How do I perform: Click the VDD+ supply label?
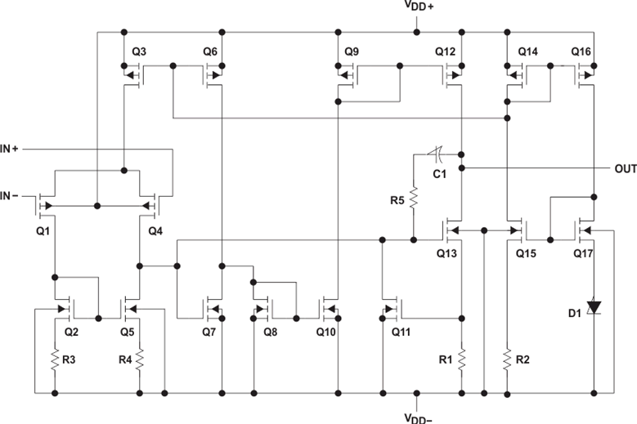419,7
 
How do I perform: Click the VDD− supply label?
419,416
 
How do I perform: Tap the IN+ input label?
15,150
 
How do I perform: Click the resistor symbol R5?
415,198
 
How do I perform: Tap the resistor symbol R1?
462,357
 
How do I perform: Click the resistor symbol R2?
508,357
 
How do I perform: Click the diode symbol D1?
594,308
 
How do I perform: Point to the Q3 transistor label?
139,51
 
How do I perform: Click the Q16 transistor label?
581,51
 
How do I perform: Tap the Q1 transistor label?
43,231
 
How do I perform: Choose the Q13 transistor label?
446,252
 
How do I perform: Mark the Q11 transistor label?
401,333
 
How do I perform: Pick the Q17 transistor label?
581,252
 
